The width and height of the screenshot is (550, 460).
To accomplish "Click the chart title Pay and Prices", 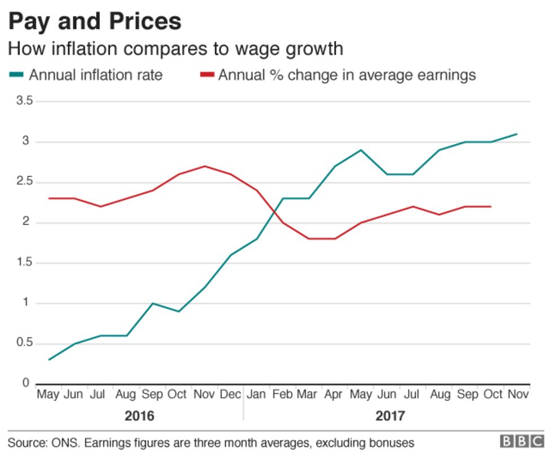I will (95, 21).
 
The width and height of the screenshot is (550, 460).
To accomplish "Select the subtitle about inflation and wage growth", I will (175, 49).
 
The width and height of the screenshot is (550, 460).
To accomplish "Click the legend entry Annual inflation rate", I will (95, 75).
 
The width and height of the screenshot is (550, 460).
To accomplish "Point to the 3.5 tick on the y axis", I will (24, 101).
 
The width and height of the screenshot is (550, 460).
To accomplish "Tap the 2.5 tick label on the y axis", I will (24, 182).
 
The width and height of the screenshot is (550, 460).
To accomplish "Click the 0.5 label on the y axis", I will (24, 344).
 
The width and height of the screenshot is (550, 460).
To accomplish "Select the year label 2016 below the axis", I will (139, 417).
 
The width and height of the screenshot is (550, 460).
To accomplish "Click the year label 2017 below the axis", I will (390, 417).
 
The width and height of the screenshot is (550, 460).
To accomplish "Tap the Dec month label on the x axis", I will (230, 395).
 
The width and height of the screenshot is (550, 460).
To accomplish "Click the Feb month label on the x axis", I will (282, 395).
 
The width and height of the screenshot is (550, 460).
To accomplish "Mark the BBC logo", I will (522, 441).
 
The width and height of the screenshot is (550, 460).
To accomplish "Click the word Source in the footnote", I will (26, 443).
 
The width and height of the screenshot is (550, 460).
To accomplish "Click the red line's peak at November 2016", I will (204, 166).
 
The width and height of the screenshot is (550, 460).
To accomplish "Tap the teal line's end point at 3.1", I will (517, 134).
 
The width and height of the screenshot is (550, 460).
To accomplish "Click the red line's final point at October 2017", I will (491, 207).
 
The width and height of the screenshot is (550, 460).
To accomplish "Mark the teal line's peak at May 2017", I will (361, 150).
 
